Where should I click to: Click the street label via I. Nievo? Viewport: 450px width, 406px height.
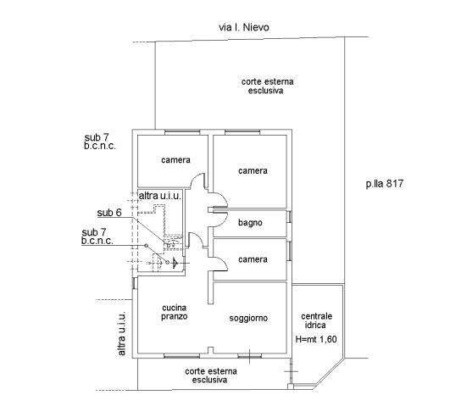point(244,28)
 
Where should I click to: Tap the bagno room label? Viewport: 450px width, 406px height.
point(250,223)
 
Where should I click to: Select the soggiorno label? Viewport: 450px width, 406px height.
point(248,318)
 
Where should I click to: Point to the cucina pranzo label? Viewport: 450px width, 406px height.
point(175,312)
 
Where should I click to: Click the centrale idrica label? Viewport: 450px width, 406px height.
point(317,320)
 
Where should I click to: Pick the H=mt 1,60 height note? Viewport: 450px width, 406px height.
point(316,339)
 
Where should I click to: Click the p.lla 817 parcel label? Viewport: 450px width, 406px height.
point(385,184)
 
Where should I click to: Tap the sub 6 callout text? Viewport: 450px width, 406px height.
point(109,213)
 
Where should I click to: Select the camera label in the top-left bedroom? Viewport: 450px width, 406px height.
point(175,160)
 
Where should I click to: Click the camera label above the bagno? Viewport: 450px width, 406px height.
point(253,171)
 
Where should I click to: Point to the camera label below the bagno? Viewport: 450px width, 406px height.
point(253,259)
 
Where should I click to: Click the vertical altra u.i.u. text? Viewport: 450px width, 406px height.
point(121,334)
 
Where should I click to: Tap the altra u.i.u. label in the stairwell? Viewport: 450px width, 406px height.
point(160,196)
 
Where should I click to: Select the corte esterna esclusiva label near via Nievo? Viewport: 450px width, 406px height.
point(267,86)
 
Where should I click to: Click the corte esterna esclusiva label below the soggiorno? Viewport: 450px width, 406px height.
point(211,375)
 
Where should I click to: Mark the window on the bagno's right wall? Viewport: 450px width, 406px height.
point(289,217)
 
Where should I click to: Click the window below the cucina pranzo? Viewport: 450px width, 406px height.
point(181,356)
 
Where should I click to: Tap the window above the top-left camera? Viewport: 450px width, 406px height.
point(182,132)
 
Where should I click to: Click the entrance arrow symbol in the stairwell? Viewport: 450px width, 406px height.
point(175,263)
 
